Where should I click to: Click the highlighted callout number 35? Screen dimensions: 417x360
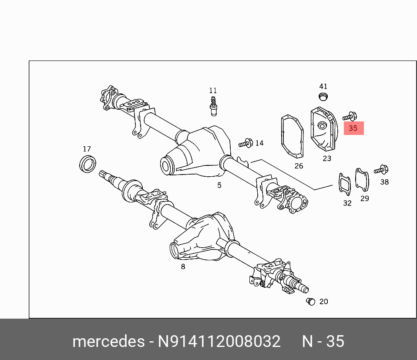pyautogui.click(x=353, y=128)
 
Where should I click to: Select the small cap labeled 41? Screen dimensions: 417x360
pyautogui.click(x=323, y=96)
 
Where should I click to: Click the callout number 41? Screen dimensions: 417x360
pyautogui.click(x=323, y=87)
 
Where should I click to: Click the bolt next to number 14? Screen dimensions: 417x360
pyautogui.click(x=246, y=143)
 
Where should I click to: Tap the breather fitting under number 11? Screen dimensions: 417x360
pyautogui.click(x=213, y=106)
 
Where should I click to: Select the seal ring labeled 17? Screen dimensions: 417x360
pyautogui.click(x=87, y=164)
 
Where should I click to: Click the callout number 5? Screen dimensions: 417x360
pyautogui.click(x=219, y=185)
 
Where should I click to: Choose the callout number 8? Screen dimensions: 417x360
pyautogui.click(x=183, y=266)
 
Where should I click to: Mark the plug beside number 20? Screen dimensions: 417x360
pyautogui.click(x=311, y=301)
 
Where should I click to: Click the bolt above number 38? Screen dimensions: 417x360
pyautogui.click(x=381, y=170)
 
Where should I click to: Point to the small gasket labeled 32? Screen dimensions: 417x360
pyautogui.click(x=345, y=183)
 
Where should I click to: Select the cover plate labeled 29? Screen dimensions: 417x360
pyautogui.click(x=362, y=179)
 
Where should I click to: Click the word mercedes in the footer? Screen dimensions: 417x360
pyautogui.click(x=108, y=341)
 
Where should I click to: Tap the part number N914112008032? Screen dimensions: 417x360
pyautogui.click(x=219, y=341)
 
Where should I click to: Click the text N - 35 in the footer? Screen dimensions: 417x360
pyautogui.click(x=323, y=341)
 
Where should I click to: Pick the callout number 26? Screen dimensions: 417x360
pyautogui.click(x=299, y=166)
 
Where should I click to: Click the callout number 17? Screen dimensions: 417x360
pyautogui.click(x=87, y=149)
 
